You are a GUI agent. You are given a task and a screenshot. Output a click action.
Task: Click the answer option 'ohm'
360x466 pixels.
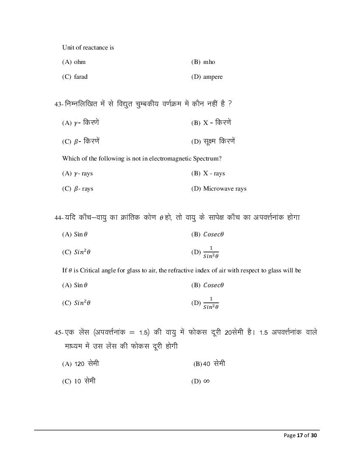point(80,62)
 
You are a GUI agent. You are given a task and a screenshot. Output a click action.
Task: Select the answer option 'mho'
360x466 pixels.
point(209,62)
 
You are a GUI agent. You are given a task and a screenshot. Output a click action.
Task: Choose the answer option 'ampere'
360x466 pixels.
point(213,77)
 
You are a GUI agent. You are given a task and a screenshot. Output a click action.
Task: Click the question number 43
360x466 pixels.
point(58,104)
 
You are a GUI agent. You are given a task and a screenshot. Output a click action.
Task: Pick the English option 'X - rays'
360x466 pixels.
point(214,173)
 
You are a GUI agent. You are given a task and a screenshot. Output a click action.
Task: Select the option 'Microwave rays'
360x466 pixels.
point(224,189)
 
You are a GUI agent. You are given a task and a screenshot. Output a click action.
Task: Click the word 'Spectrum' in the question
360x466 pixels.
point(206,158)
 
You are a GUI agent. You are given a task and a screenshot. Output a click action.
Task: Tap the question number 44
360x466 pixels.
point(58,217)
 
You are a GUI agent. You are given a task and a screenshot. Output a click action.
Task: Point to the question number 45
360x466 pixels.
point(58,333)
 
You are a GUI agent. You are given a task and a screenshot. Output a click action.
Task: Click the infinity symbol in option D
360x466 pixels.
point(207,381)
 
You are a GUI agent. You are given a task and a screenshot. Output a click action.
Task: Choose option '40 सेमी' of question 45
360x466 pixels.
point(214,363)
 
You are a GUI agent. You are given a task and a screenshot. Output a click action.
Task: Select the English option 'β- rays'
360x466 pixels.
point(83,189)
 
